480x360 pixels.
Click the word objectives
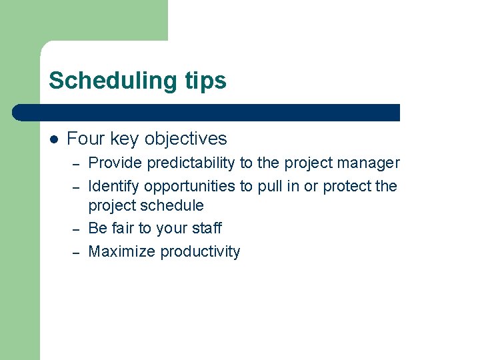185,139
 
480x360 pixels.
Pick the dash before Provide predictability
77,163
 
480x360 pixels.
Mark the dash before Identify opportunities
77,187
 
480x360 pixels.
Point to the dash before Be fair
77,229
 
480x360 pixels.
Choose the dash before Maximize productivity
77,252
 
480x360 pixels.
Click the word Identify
114,186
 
